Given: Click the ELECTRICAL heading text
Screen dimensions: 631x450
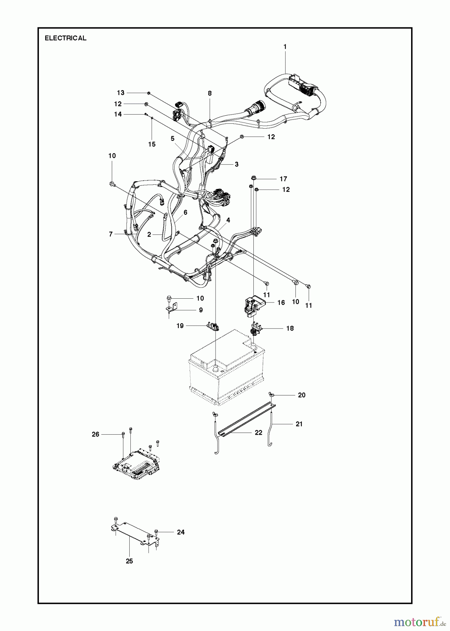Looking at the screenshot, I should [x=66, y=38].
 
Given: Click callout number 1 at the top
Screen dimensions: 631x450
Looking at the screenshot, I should [x=285, y=47].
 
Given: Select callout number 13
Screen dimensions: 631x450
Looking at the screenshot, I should [x=121, y=93].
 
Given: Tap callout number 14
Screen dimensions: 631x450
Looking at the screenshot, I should [x=118, y=114].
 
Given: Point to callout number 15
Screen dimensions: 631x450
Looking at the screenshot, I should [x=152, y=144].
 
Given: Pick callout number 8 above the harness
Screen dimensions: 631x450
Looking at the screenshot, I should [x=210, y=93].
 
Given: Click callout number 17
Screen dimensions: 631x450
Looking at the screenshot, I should [x=283, y=179].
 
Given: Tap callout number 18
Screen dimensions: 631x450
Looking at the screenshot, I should [x=290, y=328].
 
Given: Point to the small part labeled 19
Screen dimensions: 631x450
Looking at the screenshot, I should [x=213, y=326].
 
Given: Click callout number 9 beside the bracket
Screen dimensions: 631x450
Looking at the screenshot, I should [x=201, y=310].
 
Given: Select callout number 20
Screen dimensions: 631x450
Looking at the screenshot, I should [x=301, y=395].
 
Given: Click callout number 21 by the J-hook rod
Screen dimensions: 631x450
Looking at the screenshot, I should [x=299, y=424].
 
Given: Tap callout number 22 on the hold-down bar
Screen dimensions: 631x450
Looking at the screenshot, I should [x=258, y=433].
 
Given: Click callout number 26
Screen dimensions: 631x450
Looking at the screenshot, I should [x=96, y=434].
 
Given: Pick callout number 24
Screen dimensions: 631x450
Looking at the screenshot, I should [x=180, y=532].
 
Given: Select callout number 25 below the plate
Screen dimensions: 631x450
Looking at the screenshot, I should [x=129, y=561].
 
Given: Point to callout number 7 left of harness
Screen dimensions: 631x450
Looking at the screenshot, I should [x=111, y=234].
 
